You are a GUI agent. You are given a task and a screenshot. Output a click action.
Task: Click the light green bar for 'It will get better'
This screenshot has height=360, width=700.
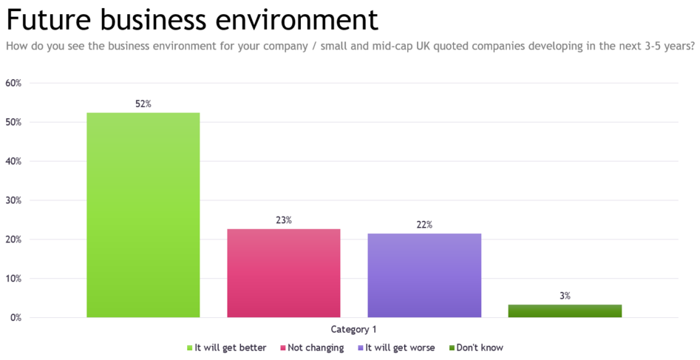click(143, 215)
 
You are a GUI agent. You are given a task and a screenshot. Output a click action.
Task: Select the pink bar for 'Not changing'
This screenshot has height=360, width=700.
click(283, 273)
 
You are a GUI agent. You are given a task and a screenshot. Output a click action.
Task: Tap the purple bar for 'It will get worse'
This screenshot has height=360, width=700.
click(424, 275)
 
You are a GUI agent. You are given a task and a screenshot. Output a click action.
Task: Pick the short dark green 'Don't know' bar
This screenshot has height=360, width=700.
click(565, 311)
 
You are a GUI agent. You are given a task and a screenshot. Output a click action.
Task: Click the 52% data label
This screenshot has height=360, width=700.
click(143, 104)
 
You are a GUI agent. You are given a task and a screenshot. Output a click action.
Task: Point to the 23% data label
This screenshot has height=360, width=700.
click(283, 220)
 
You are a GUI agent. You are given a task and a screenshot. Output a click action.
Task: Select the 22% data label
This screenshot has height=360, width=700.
click(424, 225)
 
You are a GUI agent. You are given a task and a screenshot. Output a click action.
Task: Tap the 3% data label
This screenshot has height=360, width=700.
click(565, 296)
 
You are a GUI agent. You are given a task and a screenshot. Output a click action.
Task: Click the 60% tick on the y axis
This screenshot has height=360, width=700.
click(13, 83)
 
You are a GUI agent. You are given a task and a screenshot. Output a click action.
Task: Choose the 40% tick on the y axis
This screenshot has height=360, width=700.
click(13, 161)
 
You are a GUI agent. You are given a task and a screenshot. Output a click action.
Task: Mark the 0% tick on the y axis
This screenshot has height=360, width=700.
click(16, 318)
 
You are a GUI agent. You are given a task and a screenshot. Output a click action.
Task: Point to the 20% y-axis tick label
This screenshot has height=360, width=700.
click(13, 240)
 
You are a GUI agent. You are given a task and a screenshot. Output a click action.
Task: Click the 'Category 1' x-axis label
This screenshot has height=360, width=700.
click(353, 330)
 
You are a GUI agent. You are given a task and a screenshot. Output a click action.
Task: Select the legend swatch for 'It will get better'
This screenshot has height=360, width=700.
click(189, 347)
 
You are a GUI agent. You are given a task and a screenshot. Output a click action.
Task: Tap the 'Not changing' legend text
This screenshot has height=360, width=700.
click(316, 347)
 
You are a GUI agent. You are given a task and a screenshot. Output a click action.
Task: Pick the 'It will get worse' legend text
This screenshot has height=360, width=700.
click(400, 347)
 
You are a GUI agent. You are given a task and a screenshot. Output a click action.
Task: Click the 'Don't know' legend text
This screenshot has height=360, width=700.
click(480, 347)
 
